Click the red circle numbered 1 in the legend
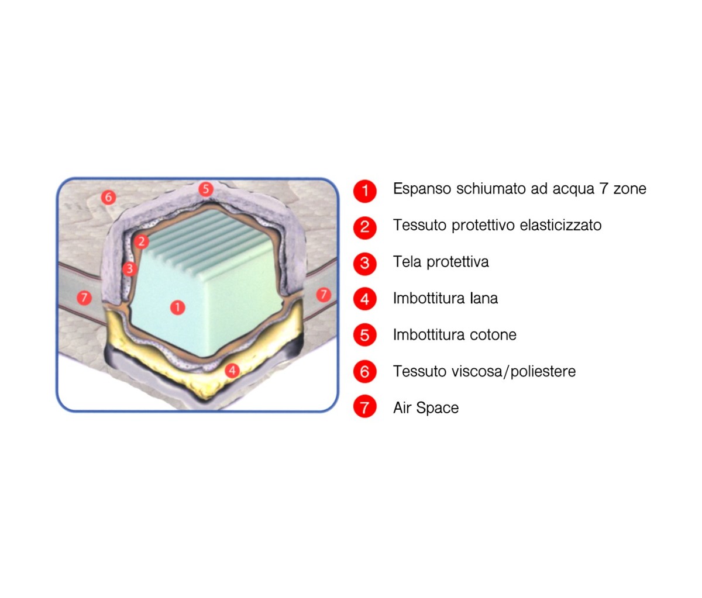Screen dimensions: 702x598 coord(365,191)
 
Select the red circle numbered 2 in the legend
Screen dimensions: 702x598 coord(365,227)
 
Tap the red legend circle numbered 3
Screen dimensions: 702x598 coord(365,264)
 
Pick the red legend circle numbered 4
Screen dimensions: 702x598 coord(365,299)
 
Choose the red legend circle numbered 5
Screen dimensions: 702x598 coord(365,335)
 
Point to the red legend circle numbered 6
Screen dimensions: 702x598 coord(365,372)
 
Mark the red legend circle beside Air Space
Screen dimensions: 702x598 coord(365,407)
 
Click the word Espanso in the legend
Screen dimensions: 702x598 coord(422,189)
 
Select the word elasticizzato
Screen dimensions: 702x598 coord(560,225)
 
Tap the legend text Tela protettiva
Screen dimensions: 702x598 coord(441,262)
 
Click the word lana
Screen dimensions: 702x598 coord(484,298)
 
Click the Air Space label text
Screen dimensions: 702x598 coord(426,408)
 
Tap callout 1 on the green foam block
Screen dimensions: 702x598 coord(177,307)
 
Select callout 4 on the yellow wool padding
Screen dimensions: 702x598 coord(232,370)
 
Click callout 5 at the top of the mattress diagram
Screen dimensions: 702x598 coord(206,189)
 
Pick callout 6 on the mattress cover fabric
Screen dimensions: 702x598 coord(108,197)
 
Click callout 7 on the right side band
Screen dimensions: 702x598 coord(324,294)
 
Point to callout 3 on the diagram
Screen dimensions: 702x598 coord(129,269)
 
